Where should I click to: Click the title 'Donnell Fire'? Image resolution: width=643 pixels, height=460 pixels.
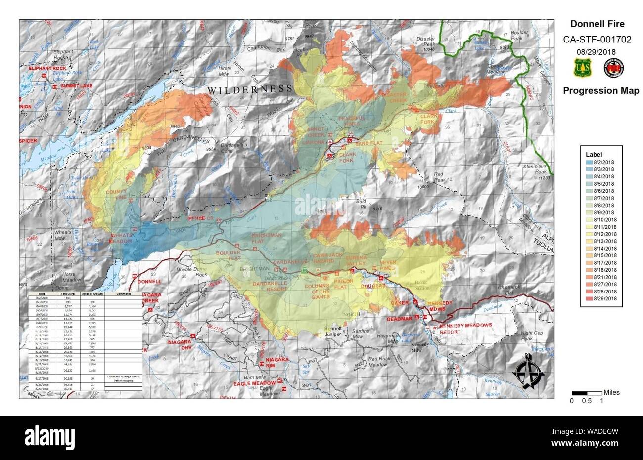[x=597, y=24]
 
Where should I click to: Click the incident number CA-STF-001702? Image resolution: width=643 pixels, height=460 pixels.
[x=597, y=40]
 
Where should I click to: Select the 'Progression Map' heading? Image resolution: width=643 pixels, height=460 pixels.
[x=600, y=91]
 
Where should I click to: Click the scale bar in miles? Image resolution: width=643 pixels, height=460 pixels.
[x=587, y=393]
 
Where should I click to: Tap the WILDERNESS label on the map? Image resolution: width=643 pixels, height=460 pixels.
[x=249, y=89]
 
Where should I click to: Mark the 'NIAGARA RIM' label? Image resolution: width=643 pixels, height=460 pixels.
[x=277, y=362]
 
